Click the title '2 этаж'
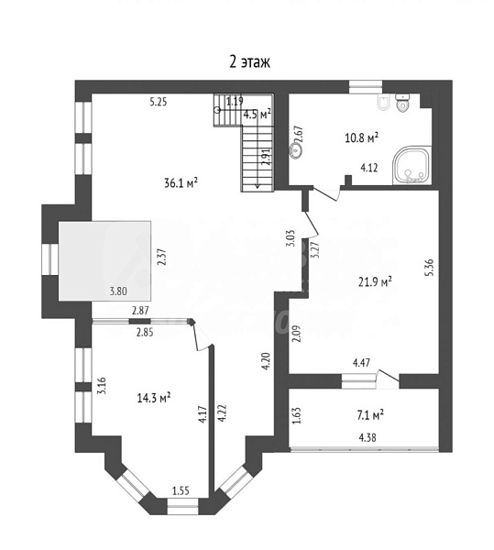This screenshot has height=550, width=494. [249, 62]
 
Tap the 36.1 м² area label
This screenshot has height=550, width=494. [181, 182]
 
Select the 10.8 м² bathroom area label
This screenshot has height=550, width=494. [362, 137]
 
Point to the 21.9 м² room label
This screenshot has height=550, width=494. [375, 281]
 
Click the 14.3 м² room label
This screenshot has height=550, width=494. [154, 398]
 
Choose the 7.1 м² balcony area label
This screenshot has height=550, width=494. [370, 415]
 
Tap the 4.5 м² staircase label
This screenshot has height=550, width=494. [258, 115]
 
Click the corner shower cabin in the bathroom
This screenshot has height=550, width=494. [412, 166]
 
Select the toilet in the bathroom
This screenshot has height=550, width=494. [401, 103]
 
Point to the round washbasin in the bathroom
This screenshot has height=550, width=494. [295, 151]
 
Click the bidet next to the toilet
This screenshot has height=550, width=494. [382, 103]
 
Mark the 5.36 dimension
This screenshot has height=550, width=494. [430, 268]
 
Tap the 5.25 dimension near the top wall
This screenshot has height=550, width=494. [159, 102]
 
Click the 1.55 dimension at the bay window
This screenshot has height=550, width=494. [181, 490]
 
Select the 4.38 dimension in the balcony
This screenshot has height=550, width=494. [368, 437]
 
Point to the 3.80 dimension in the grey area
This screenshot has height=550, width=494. [118, 291]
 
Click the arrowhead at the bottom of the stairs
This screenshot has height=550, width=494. [258, 186]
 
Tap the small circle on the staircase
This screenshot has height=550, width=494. [217, 110]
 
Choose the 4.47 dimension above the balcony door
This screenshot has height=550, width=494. [361, 362]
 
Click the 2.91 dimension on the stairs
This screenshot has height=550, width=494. [266, 157]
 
